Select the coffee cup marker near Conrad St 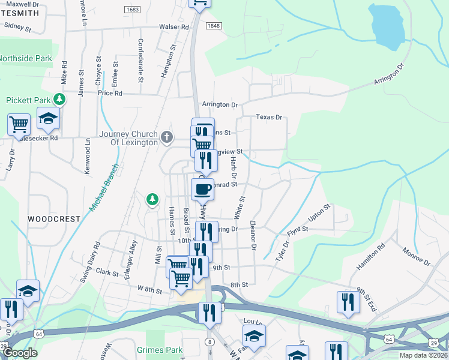point(202,188)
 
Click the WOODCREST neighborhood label point(53,219)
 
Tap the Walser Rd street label point(174,27)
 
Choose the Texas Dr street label point(269,117)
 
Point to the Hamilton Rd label point(373,256)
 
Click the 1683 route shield point(133,10)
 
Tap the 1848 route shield point(213,26)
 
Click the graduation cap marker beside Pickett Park point(48,119)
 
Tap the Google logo point(20,353)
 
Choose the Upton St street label point(319,214)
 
